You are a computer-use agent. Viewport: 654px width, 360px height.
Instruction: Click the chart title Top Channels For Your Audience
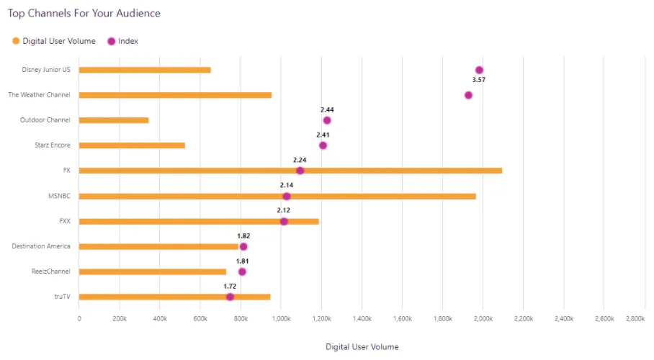(x=84, y=13)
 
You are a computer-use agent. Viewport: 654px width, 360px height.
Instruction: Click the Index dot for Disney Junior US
(x=479, y=70)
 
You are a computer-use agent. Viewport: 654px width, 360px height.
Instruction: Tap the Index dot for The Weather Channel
(x=468, y=95)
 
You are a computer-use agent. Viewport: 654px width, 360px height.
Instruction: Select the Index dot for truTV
(x=230, y=297)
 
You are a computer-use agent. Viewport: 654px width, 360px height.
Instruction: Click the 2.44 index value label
(x=327, y=110)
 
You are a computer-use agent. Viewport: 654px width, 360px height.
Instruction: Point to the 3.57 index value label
(x=479, y=80)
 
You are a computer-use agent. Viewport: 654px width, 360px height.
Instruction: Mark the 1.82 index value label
(x=243, y=236)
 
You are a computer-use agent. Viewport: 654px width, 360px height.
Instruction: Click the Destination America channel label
(x=41, y=246)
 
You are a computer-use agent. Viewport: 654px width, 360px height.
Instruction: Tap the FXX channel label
(x=64, y=221)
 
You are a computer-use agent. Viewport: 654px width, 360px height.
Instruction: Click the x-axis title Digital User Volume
(x=362, y=346)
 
